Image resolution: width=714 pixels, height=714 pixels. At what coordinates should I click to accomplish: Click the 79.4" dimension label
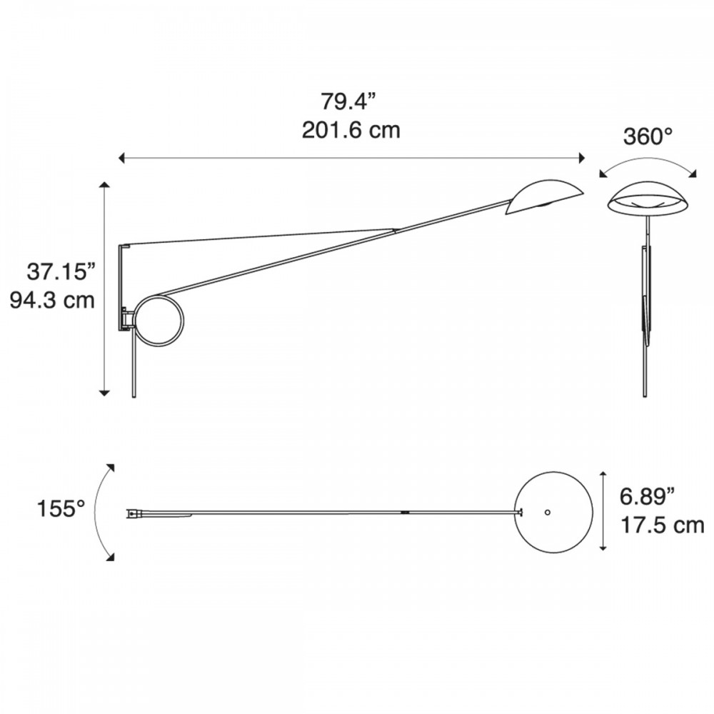(x=350, y=101)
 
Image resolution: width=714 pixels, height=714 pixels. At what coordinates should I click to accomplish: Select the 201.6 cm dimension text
(x=351, y=130)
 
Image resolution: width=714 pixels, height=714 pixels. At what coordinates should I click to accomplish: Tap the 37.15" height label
(x=62, y=272)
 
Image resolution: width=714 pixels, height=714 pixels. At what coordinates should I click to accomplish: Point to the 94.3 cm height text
(x=52, y=301)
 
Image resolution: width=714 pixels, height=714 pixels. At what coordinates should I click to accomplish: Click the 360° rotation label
(x=648, y=136)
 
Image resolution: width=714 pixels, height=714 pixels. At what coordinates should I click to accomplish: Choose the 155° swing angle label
(x=61, y=508)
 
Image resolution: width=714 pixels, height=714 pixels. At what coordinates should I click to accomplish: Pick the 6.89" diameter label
(x=647, y=496)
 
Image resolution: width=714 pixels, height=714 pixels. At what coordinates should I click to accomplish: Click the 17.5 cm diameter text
(x=662, y=526)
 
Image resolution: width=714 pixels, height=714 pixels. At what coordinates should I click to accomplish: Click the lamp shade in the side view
(x=543, y=197)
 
